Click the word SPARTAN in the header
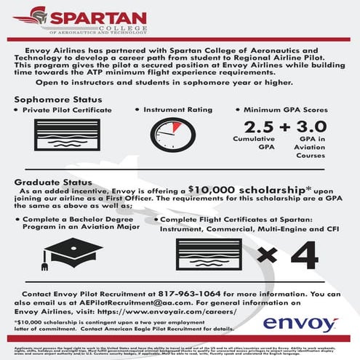[x=93, y=16]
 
